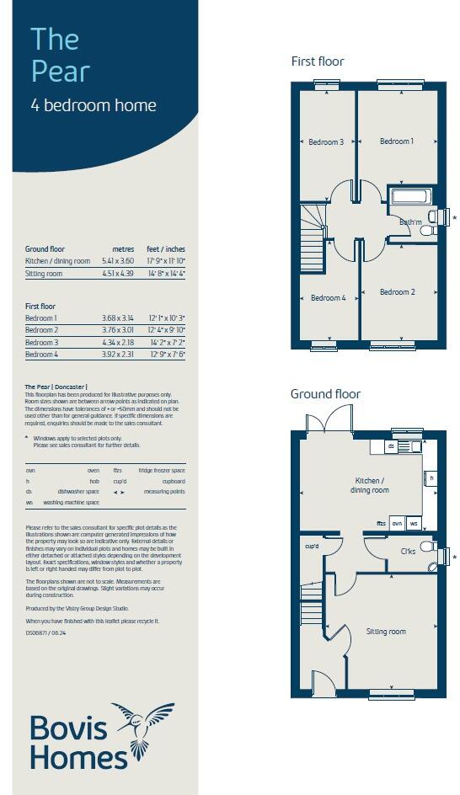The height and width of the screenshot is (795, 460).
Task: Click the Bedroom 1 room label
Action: (396, 141)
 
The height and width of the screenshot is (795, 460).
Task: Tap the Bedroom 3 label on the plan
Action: (325, 141)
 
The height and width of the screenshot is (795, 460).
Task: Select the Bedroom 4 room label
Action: (327, 297)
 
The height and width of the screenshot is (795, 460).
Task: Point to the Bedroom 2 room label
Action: (397, 292)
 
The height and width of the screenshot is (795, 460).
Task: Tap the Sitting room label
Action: (385, 631)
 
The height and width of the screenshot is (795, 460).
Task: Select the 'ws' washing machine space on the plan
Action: (413, 523)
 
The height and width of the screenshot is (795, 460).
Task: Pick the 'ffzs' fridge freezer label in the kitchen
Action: (381, 523)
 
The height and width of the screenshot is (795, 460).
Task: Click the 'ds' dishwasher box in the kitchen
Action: (391, 446)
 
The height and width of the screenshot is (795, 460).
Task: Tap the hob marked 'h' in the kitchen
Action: (431, 478)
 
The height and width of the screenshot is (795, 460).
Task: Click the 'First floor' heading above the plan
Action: (318, 61)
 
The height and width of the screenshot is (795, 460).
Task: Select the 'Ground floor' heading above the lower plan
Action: (325, 394)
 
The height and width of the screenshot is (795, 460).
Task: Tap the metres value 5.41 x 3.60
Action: (118, 261)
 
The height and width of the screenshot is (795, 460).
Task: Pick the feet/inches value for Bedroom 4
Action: (167, 355)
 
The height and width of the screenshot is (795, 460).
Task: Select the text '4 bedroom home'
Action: (94, 106)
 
